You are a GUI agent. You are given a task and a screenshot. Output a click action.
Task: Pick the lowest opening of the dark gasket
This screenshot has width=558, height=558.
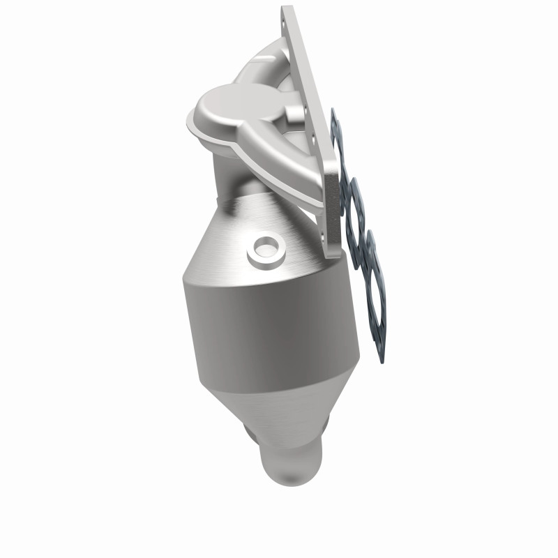(x=370, y=293)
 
